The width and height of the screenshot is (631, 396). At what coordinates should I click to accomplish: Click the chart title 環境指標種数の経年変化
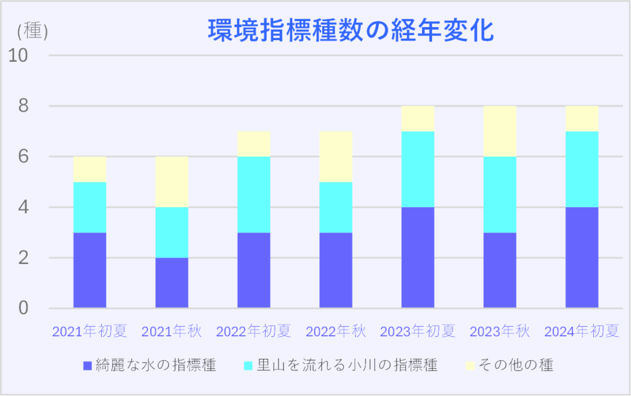coord(351,31)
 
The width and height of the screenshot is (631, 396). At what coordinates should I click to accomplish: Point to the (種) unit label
coord(33,30)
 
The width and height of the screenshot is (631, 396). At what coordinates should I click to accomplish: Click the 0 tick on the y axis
coord(23,308)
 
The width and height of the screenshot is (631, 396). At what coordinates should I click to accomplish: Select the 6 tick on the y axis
coord(23,157)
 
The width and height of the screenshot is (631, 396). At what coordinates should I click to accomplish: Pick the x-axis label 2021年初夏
coord(89,332)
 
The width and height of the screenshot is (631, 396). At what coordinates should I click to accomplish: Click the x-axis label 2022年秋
coord(336,332)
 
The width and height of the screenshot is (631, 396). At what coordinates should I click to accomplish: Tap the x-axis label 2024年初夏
coord(582,332)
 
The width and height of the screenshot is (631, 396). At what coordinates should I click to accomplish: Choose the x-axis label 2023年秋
coord(500,332)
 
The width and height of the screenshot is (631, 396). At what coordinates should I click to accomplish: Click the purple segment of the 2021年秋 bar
coord(171,283)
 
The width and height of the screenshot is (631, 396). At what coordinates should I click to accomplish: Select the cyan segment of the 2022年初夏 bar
coord(253,194)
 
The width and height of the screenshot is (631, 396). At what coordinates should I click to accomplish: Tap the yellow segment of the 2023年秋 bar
coord(500,131)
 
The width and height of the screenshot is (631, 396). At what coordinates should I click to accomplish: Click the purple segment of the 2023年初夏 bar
coord(418,257)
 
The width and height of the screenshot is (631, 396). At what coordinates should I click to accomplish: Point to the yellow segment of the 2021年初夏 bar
coord(89,169)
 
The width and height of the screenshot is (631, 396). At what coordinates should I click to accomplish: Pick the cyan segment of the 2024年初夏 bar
coord(582,169)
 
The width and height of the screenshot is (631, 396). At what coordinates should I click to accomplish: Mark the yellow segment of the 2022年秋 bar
coord(336,157)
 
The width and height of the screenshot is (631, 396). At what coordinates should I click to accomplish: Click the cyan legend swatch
coord(249,365)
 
